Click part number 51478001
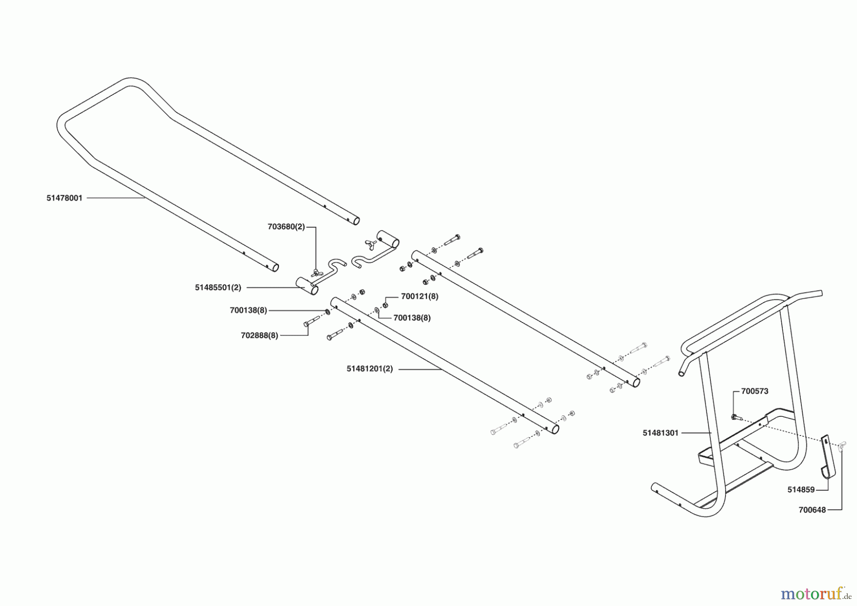point(64,198)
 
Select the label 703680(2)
point(286,227)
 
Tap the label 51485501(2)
point(218,288)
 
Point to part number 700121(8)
point(419,296)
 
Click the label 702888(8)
point(259,335)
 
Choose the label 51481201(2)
point(370,369)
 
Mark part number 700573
point(755,392)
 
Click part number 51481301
point(660,433)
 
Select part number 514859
point(801,490)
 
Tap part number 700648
point(812,510)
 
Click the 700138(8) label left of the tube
point(249,311)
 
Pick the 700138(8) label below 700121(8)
point(412,318)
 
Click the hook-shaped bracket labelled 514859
point(828,458)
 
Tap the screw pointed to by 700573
point(734,417)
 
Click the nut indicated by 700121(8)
point(385,305)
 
